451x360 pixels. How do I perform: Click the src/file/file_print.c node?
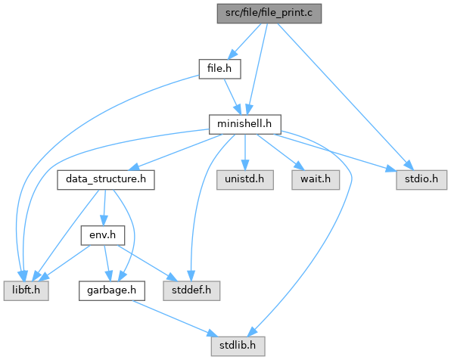(x=269, y=14)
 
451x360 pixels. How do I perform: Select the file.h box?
(x=219, y=69)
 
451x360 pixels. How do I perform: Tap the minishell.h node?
(x=244, y=124)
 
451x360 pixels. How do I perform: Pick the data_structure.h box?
(x=106, y=180)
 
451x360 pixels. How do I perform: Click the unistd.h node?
(x=244, y=180)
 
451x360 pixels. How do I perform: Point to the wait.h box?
(x=316, y=180)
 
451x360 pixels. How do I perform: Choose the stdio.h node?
(x=421, y=180)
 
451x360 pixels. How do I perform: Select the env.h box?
(x=103, y=235)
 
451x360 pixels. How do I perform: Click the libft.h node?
(x=26, y=291)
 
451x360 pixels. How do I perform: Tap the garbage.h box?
(x=112, y=291)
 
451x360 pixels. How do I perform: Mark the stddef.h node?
(x=191, y=291)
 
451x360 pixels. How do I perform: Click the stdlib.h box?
(x=238, y=346)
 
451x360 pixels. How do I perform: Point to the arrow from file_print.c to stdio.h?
(x=345, y=96)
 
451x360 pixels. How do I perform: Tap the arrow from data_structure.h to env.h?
(x=104, y=207)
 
